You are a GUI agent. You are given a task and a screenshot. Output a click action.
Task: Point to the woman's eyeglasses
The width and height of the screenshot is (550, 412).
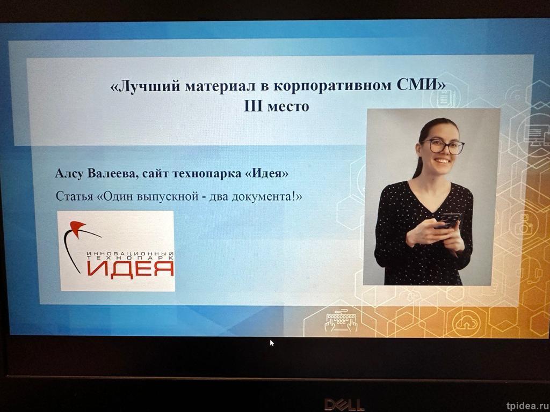tap(443, 146)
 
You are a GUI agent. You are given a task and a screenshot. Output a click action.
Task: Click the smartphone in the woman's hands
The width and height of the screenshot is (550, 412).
tap(447, 220)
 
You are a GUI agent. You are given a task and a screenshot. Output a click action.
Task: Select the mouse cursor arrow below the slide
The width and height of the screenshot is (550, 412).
tap(272, 342)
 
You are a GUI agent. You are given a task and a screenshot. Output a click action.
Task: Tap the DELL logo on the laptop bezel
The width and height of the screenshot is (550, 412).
tap(344, 404)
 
